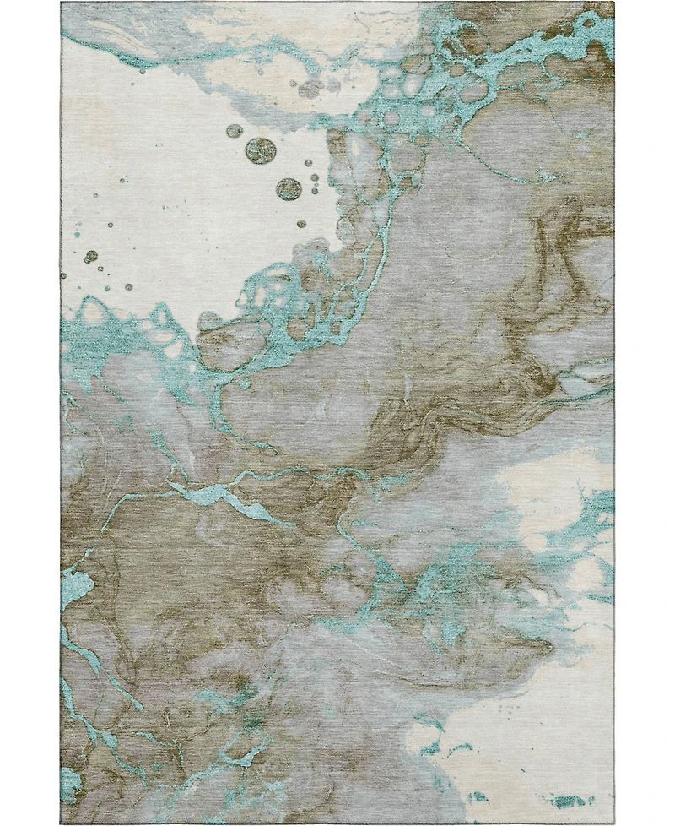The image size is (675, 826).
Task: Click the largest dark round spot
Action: [261, 150]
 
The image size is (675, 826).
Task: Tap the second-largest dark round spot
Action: [289, 189]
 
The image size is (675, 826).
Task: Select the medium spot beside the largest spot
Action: [234, 131]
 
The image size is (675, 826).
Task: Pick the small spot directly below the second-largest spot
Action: [301, 224]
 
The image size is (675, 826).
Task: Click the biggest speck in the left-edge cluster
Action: [91, 256]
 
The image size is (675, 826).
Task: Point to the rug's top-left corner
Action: [62, 3]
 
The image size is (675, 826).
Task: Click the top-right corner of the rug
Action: [613, 3]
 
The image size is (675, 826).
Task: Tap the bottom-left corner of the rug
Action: [61, 822]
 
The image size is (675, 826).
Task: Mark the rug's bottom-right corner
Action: [614, 822]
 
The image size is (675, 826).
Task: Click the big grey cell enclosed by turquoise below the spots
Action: [228, 346]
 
